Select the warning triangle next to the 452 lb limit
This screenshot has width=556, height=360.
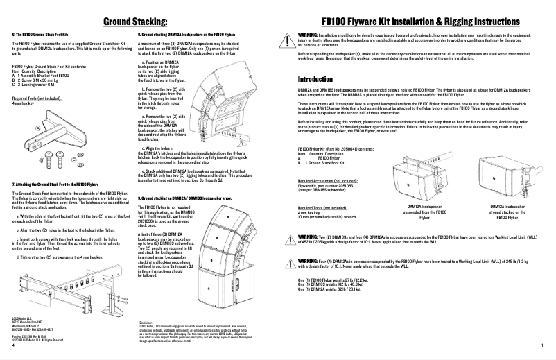[x=293, y=237]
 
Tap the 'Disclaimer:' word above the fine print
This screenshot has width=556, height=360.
[x=146, y=323]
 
